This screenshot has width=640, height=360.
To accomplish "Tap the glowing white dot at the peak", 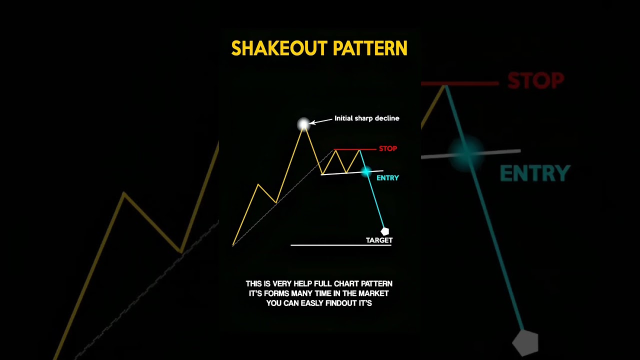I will click(x=303, y=124).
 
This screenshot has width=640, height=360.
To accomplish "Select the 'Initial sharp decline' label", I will click(x=366, y=118).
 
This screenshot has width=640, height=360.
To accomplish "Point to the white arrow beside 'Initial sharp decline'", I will click(x=321, y=120).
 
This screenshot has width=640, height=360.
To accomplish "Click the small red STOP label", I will click(x=388, y=148).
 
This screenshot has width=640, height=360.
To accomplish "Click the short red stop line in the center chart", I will click(x=355, y=149).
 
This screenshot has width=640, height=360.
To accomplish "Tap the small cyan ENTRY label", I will click(x=387, y=178).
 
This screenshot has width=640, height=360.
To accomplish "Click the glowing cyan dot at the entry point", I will click(x=366, y=171).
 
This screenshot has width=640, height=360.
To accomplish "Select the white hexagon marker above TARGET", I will click(x=384, y=231).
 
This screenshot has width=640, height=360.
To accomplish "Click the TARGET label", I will click(x=379, y=240).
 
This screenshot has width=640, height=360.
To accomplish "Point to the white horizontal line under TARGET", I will click(x=340, y=245).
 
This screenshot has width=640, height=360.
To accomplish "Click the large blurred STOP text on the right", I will click(x=535, y=80).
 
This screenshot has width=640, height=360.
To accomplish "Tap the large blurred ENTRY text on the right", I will click(x=535, y=174).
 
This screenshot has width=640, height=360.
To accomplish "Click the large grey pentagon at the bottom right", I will click(x=525, y=343).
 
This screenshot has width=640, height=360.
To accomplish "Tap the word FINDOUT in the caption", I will click(x=341, y=303).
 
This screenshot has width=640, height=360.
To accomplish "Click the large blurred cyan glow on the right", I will click(x=466, y=151).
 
